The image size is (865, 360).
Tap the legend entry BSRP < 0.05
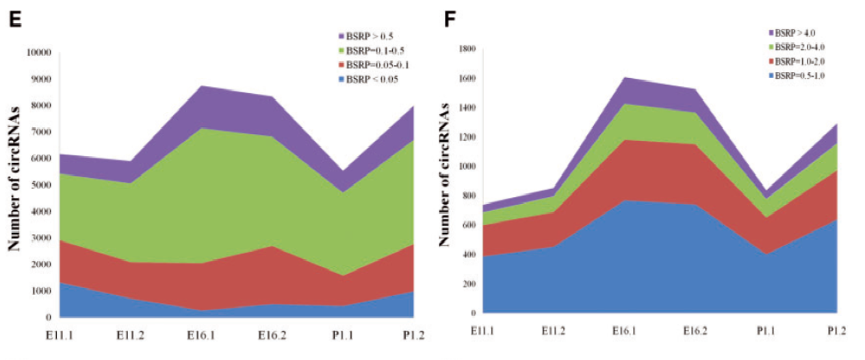pos(373,79)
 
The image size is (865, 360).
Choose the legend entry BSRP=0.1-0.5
pos(376,50)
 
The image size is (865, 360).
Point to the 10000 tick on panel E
pos(40,53)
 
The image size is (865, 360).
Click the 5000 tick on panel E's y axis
pos(42,185)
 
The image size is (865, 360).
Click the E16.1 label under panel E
pos(201,335)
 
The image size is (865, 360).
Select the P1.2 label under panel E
pos(414,335)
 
